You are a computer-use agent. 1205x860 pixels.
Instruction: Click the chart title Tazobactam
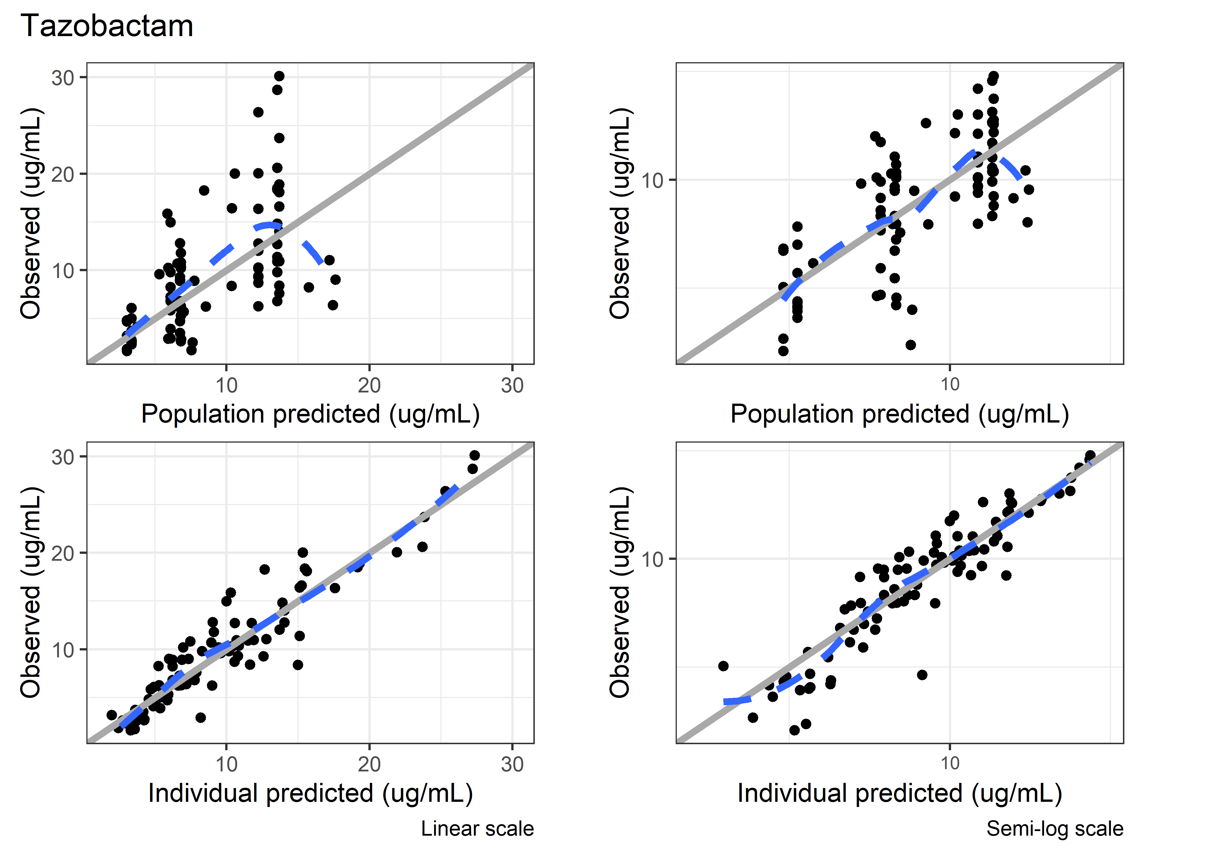point(106,26)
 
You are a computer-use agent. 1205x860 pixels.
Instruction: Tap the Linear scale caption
point(477,828)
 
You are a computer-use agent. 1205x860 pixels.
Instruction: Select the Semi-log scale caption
point(1054,828)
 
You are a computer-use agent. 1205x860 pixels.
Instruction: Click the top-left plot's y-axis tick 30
point(63,78)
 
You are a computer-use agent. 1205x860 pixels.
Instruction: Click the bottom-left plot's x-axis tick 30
point(512,764)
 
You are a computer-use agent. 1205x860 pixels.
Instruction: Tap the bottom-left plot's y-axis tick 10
point(63,650)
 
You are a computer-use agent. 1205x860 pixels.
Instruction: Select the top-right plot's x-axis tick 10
point(950,384)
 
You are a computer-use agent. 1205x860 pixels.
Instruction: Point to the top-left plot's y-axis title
point(31,213)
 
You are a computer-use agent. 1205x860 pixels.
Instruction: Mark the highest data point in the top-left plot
point(279,76)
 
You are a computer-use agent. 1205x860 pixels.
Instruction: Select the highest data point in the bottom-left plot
point(475,456)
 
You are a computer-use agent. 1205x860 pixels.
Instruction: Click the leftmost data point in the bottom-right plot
point(723,666)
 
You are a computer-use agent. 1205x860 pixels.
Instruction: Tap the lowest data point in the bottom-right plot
point(794,730)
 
